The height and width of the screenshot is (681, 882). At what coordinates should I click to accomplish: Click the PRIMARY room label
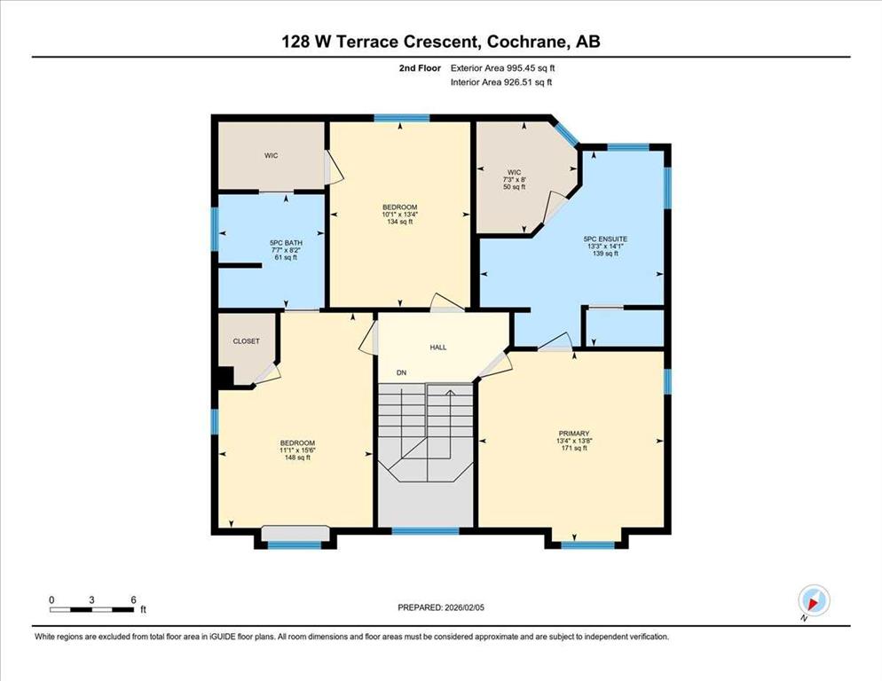[x=574, y=434]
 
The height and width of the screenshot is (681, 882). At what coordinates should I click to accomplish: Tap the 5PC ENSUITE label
[x=605, y=239]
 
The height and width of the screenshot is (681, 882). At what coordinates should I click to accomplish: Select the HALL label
[x=438, y=348]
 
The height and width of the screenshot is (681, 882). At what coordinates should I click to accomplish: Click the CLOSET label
[x=247, y=341]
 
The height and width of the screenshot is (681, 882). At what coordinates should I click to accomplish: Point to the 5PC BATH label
[x=286, y=243]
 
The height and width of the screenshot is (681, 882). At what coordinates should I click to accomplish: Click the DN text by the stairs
[x=401, y=372]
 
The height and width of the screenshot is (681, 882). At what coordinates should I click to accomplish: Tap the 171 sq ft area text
[x=574, y=448]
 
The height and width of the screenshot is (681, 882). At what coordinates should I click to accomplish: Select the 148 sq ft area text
[x=297, y=458]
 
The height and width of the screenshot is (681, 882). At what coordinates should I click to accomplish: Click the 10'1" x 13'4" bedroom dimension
[x=400, y=215]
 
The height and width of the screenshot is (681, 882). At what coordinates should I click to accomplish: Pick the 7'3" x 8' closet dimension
[x=514, y=179]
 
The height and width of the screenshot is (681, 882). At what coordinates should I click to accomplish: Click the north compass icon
[x=814, y=600]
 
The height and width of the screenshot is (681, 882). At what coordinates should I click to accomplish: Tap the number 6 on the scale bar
[x=133, y=600]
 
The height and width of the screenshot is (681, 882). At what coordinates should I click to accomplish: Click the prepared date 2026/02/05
[x=465, y=607]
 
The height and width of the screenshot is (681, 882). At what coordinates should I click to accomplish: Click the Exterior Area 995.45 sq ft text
[x=503, y=68]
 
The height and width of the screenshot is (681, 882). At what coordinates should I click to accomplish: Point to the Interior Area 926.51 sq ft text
[x=501, y=82]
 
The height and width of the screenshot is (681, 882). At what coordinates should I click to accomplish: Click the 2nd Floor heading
[x=420, y=68]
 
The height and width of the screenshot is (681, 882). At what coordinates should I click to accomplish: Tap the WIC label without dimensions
[x=272, y=156]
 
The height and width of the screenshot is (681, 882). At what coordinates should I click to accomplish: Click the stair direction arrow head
[x=450, y=393]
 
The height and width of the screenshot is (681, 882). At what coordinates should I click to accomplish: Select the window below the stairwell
[x=425, y=531]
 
